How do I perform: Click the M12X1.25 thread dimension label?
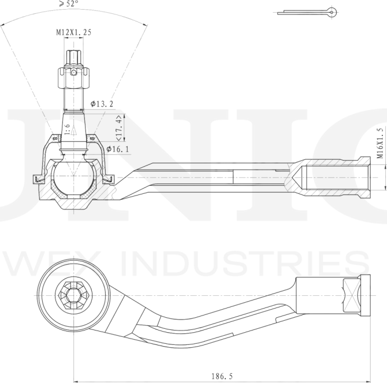(73, 32)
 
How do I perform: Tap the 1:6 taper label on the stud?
(67, 130)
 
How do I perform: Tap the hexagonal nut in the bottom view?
(73, 295)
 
